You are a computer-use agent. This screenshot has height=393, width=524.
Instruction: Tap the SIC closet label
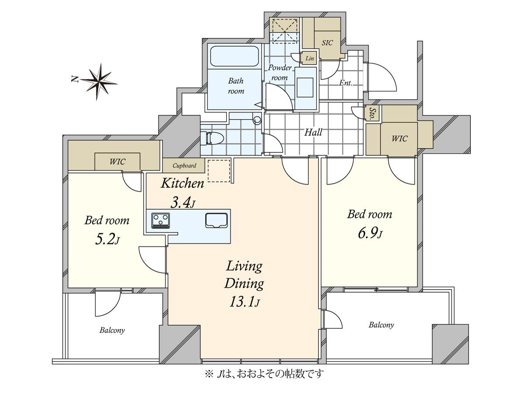(327, 43)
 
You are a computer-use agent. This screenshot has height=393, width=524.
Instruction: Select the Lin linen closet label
(310, 58)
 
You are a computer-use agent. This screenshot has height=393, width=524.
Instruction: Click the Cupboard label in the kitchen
(184, 165)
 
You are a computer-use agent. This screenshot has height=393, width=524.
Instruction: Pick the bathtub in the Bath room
(234, 56)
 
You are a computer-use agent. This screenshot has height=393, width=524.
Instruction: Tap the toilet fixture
(212, 138)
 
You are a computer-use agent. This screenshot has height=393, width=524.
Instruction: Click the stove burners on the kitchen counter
(160, 221)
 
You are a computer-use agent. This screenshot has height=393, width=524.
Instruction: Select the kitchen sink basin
(216, 221)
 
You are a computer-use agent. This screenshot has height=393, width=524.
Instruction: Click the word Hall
(313, 132)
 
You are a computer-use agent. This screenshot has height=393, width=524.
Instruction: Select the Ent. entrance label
(346, 83)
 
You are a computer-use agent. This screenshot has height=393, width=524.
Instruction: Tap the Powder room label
(279, 72)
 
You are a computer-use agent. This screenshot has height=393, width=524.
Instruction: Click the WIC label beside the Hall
(400, 138)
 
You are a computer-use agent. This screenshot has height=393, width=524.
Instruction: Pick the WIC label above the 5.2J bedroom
(117, 162)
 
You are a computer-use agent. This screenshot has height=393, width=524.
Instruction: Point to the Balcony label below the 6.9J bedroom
(381, 325)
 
